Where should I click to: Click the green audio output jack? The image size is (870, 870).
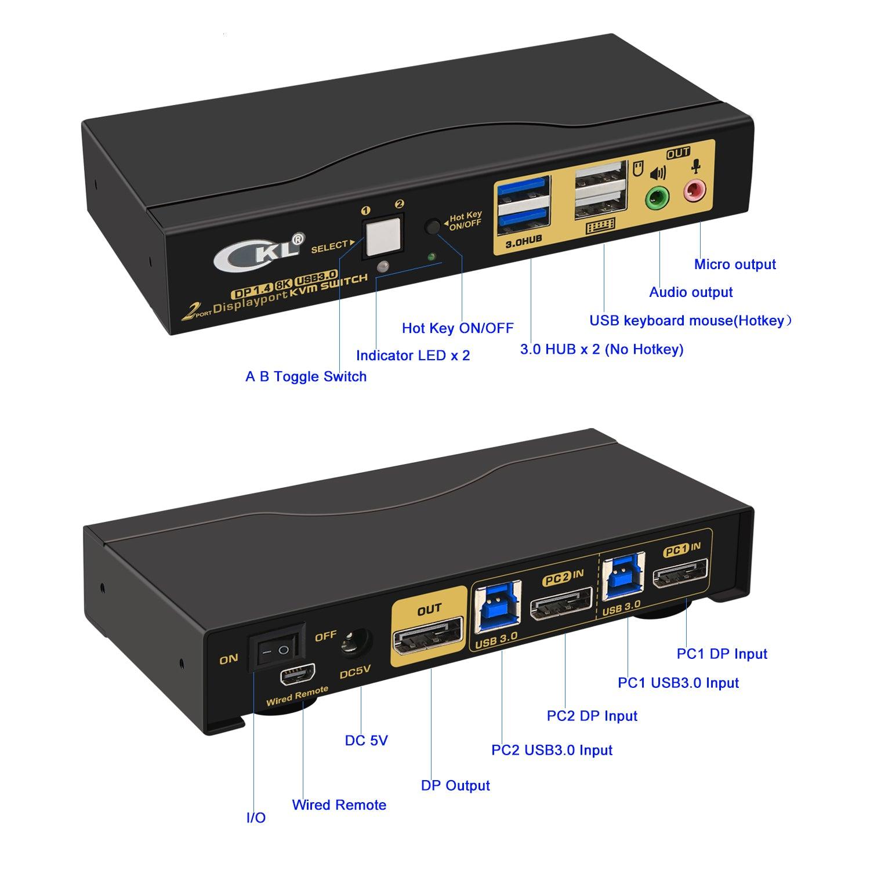(x=657, y=198)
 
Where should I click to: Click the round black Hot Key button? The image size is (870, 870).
(x=433, y=226)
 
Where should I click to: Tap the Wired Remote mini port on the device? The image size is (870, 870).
(x=297, y=675)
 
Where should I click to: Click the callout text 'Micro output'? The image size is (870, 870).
(x=735, y=264)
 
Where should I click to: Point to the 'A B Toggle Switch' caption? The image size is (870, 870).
(x=306, y=376)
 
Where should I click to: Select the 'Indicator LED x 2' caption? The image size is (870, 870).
(x=413, y=356)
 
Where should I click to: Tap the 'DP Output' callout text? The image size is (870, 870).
(x=455, y=785)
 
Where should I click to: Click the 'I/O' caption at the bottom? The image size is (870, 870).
(x=256, y=818)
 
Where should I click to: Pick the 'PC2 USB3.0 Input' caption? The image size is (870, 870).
(x=552, y=750)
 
